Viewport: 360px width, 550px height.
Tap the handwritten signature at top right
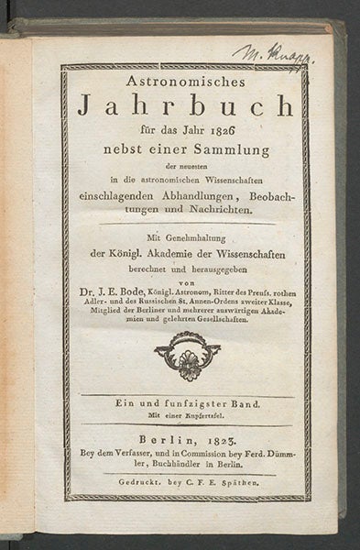click(274, 52)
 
